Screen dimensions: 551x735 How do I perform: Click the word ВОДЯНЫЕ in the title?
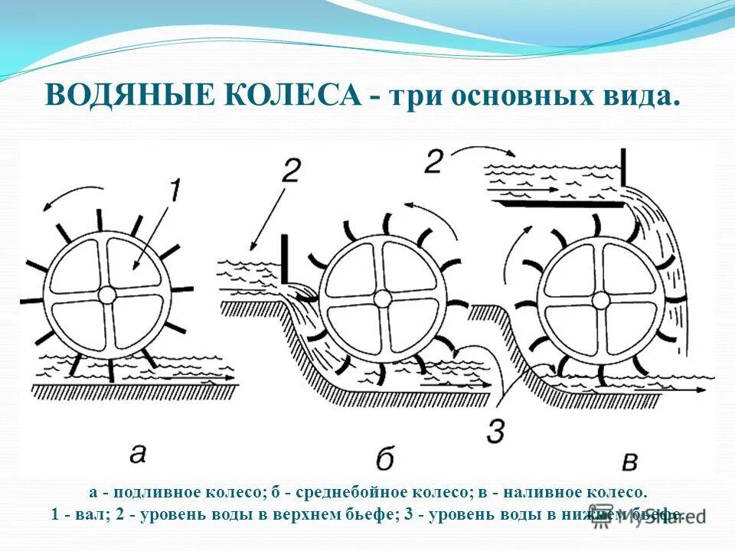[x=122, y=96]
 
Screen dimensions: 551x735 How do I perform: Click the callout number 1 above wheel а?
[x=175, y=189]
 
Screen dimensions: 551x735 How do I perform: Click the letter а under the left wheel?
[x=138, y=453]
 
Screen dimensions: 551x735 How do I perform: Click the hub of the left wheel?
[x=107, y=294]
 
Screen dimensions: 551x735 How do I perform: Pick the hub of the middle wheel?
[x=381, y=297]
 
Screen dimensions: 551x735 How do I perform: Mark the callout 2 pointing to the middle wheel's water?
[x=290, y=171]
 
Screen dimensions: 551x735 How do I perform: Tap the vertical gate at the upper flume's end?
[x=624, y=168]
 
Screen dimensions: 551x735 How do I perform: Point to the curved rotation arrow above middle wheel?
[x=423, y=208]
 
